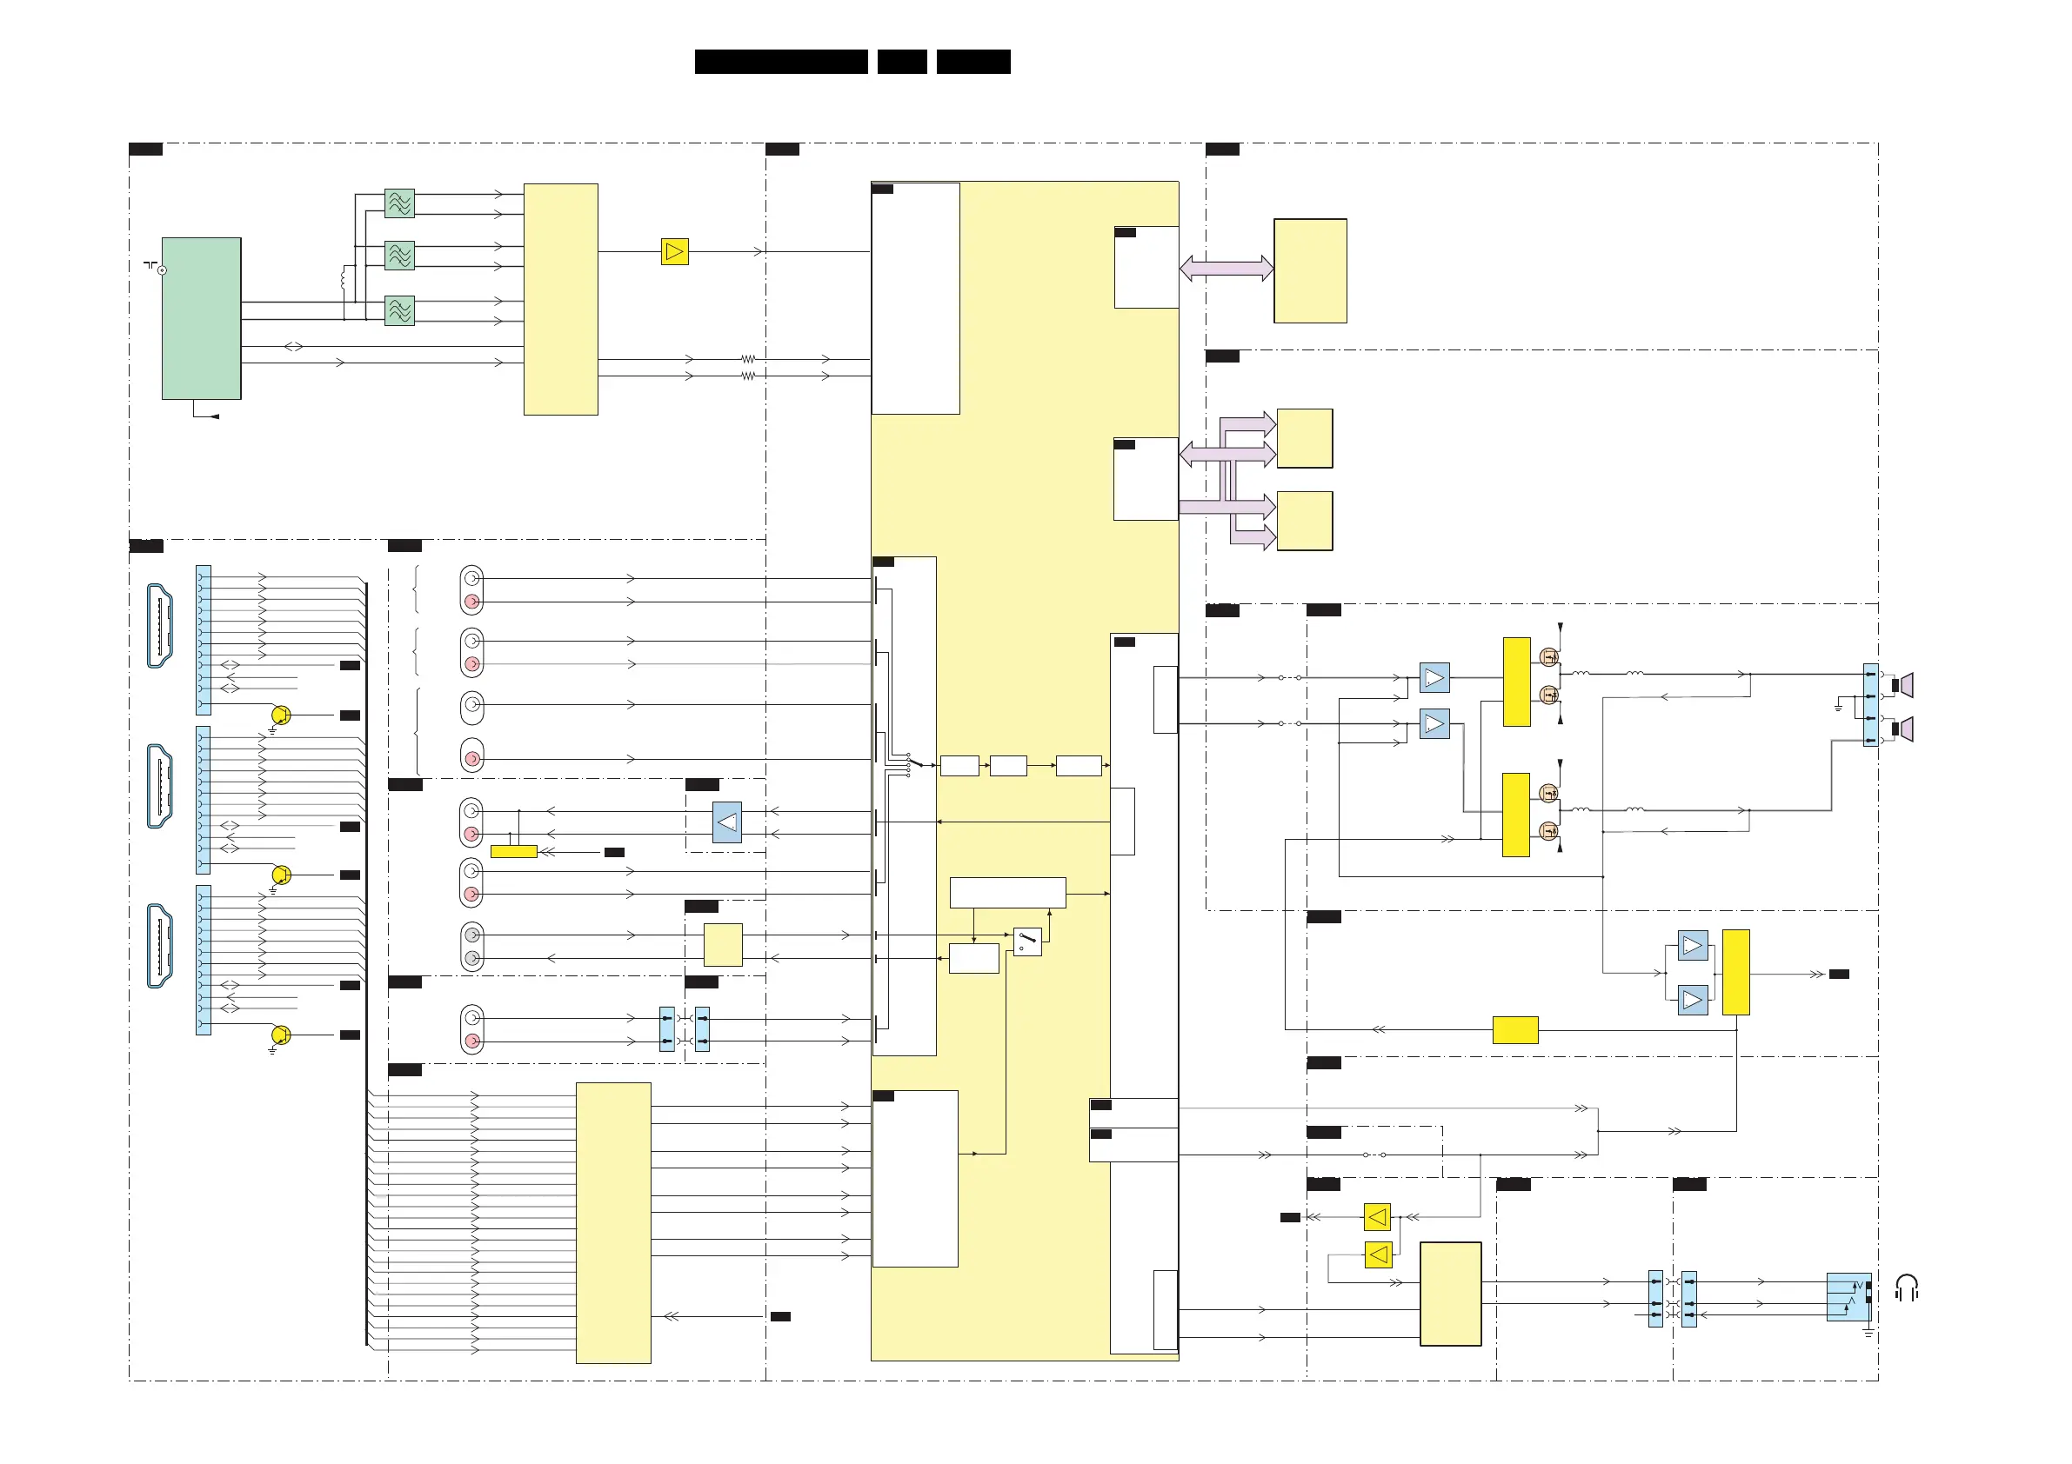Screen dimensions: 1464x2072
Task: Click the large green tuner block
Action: [x=201, y=317]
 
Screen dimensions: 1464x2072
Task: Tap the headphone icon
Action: [x=1906, y=1288]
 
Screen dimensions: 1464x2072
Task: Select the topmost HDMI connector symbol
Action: [x=160, y=625]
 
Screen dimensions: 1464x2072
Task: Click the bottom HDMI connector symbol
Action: [x=160, y=945]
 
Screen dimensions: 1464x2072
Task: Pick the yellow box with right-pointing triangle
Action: [x=674, y=250]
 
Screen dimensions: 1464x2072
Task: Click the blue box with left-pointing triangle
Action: [x=726, y=822]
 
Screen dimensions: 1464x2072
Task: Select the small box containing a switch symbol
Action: [x=1027, y=942]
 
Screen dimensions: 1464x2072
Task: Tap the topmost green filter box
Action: [x=399, y=203]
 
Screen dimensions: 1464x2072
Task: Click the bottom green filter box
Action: [x=399, y=310]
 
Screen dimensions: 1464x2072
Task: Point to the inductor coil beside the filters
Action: [x=343, y=279]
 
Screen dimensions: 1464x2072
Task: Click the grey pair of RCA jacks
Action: [x=471, y=946]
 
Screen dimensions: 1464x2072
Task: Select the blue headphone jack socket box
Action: [x=1848, y=1296]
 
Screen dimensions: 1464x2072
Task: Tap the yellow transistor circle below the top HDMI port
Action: [x=281, y=715]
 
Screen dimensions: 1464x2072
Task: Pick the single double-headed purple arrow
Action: [x=1226, y=268]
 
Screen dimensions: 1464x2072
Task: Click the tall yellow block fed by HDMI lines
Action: [x=612, y=1222]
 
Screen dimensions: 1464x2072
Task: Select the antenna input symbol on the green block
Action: [x=162, y=270]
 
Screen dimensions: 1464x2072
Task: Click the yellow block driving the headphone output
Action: [x=1450, y=1294]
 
